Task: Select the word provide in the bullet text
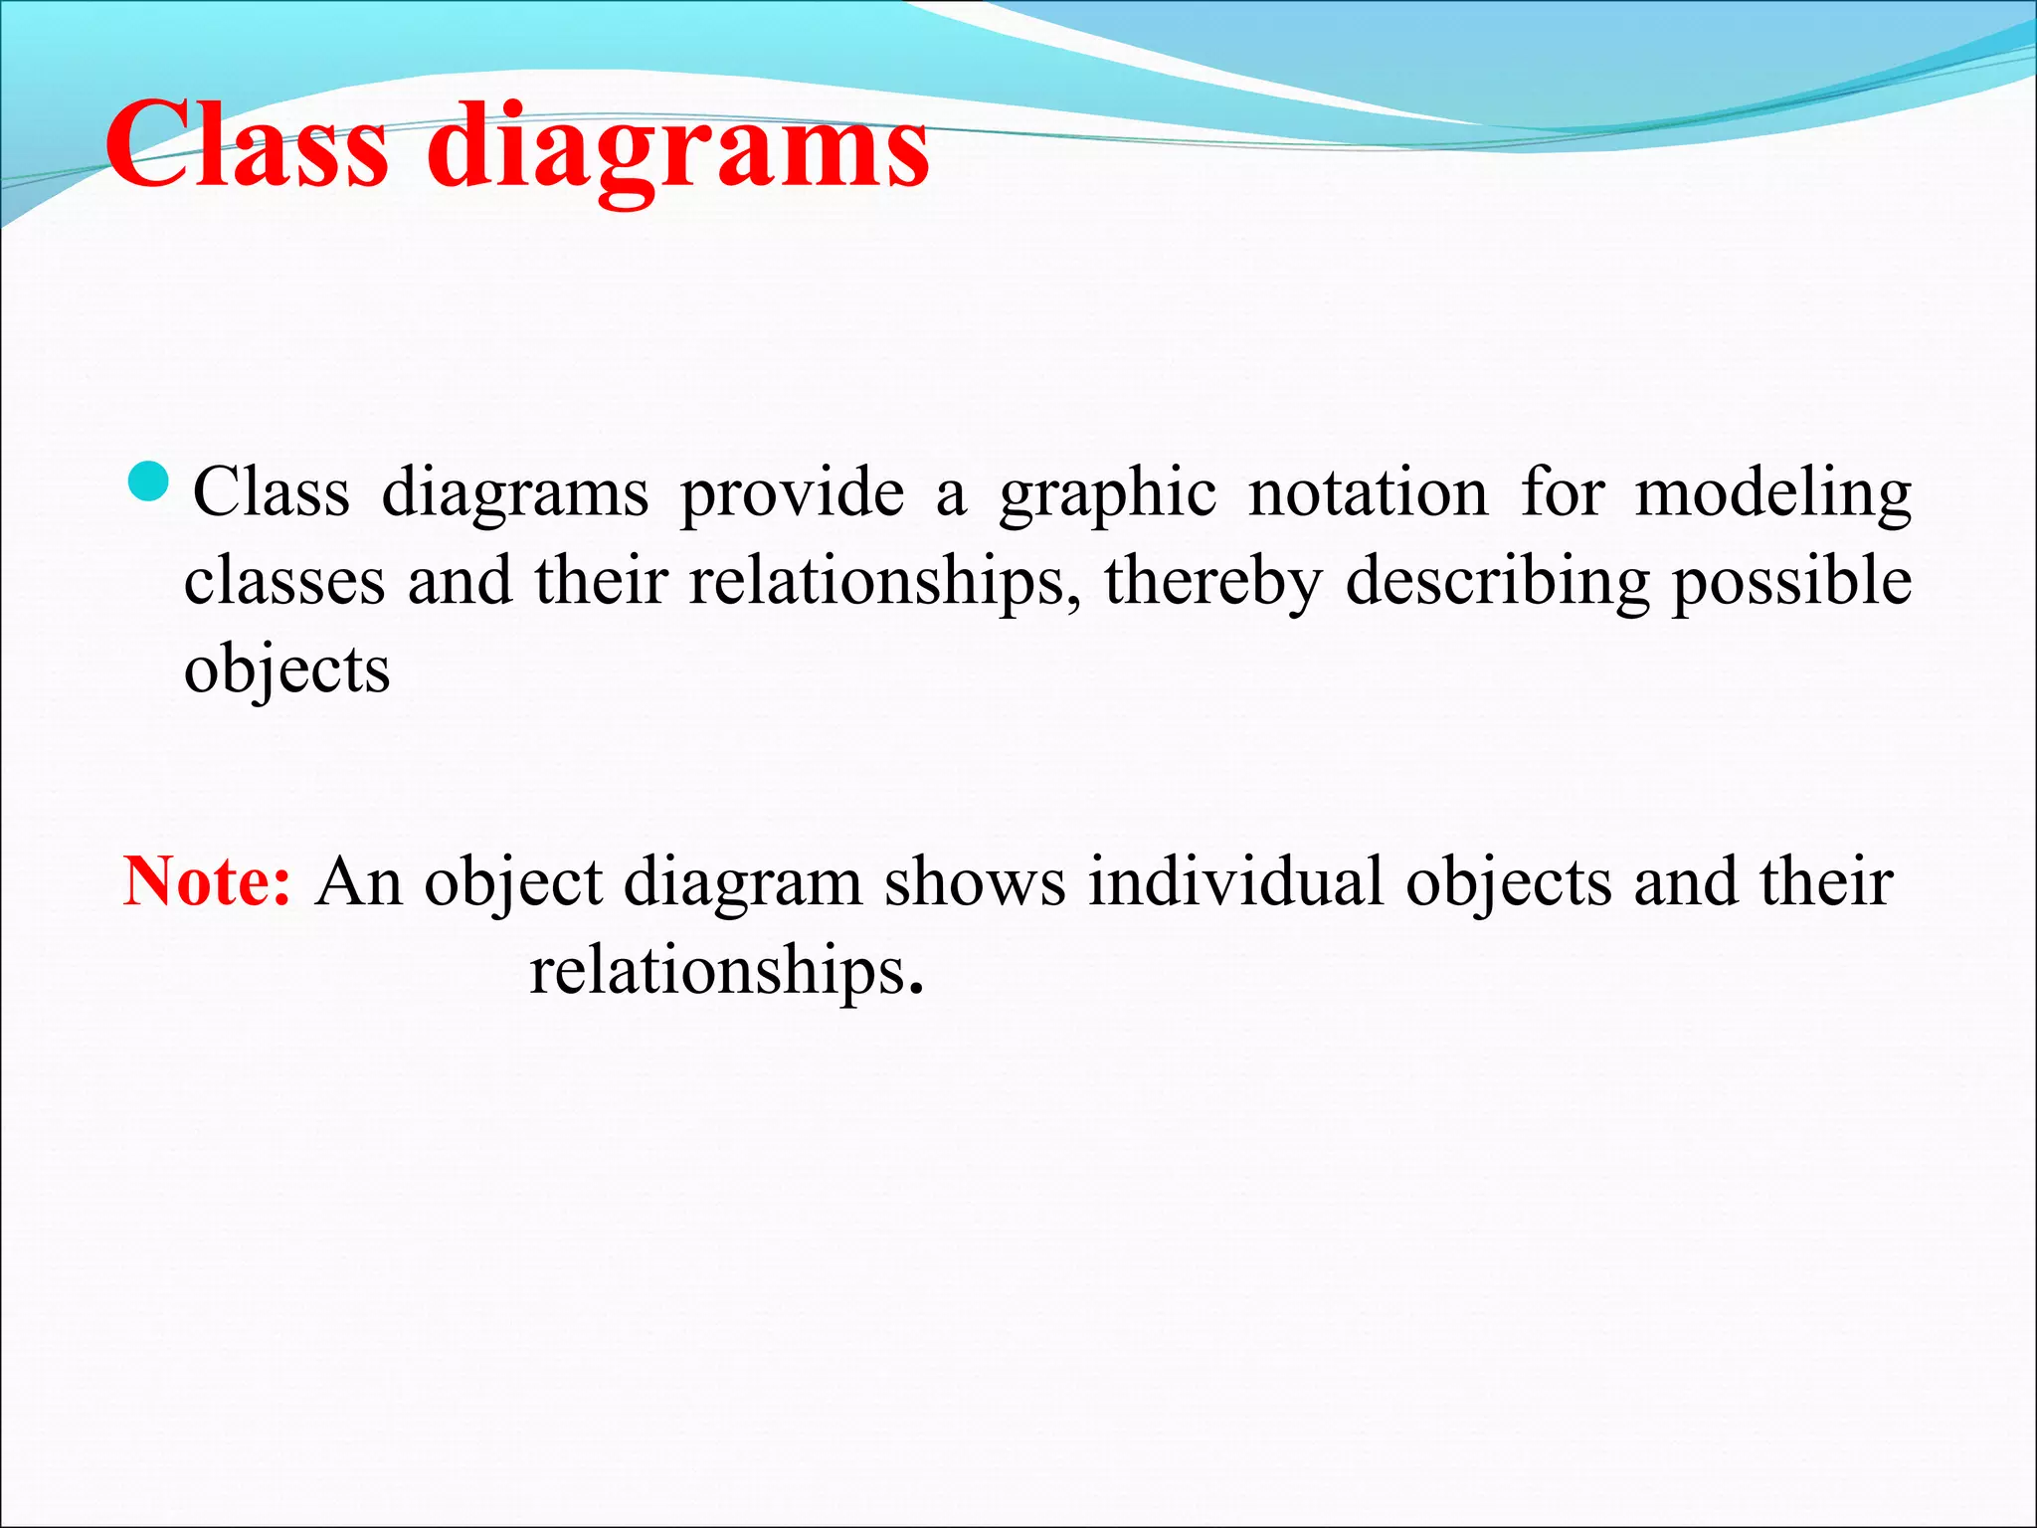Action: pyautogui.click(x=792, y=494)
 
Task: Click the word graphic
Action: pyautogui.click(x=1107, y=494)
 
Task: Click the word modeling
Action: pyautogui.click(x=1772, y=494)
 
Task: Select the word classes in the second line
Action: pyautogui.click(x=284, y=581)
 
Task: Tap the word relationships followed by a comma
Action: pyautogui.click(x=884, y=583)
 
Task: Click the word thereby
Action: pyautogui.click(x=1212, y=583)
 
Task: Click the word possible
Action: pyautogui.click(x=1791, y=583)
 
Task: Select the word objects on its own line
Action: pyautogui.click(x=286, y=670)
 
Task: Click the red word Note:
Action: pyautogui.click(x=207, y=881)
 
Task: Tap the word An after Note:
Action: pyautogui.click(x=358, y=881)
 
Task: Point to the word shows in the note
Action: pyautogui.click(x=975, y=881)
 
